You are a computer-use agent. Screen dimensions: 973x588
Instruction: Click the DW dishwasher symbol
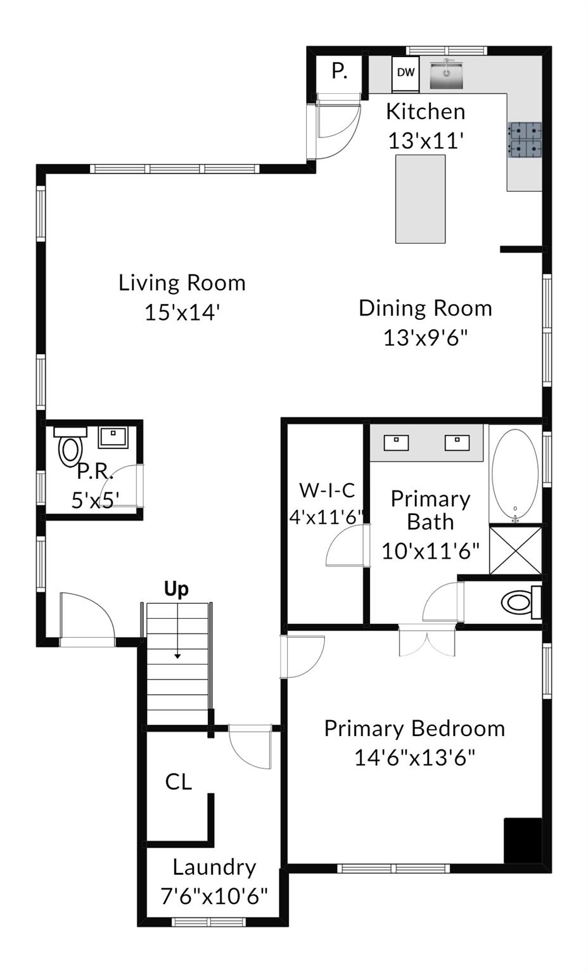pos(406,73)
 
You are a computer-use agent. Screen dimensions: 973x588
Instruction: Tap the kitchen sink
pos(447,74)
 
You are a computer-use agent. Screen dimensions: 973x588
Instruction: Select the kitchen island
pos(420,199)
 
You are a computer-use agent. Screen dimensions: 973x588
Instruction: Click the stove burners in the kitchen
pos(525,139)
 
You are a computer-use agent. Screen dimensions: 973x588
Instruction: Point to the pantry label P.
pos(340,72)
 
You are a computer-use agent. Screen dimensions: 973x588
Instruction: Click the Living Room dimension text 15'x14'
pos(182,312)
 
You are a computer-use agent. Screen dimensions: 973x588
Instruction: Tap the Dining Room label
pos(425,308)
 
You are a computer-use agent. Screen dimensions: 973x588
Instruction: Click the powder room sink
pos(113,436)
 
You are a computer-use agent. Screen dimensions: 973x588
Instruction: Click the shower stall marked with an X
pos(515,550)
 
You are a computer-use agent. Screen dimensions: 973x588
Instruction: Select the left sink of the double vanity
pos(396,442)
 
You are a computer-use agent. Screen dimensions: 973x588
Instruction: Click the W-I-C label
pos(327,490)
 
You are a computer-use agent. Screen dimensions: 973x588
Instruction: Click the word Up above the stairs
pos(176,589)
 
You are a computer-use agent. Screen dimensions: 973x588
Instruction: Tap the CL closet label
pos(178,782)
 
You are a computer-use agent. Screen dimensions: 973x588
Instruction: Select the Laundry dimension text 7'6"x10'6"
pos(214,896)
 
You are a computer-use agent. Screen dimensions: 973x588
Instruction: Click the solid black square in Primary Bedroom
pos(523,840)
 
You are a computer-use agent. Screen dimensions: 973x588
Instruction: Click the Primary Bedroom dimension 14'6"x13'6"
pos(414,758)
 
